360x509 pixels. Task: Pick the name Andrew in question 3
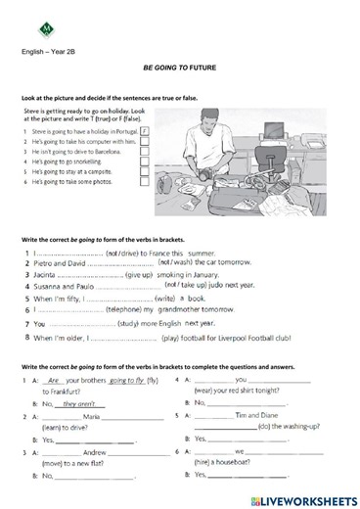96,452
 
